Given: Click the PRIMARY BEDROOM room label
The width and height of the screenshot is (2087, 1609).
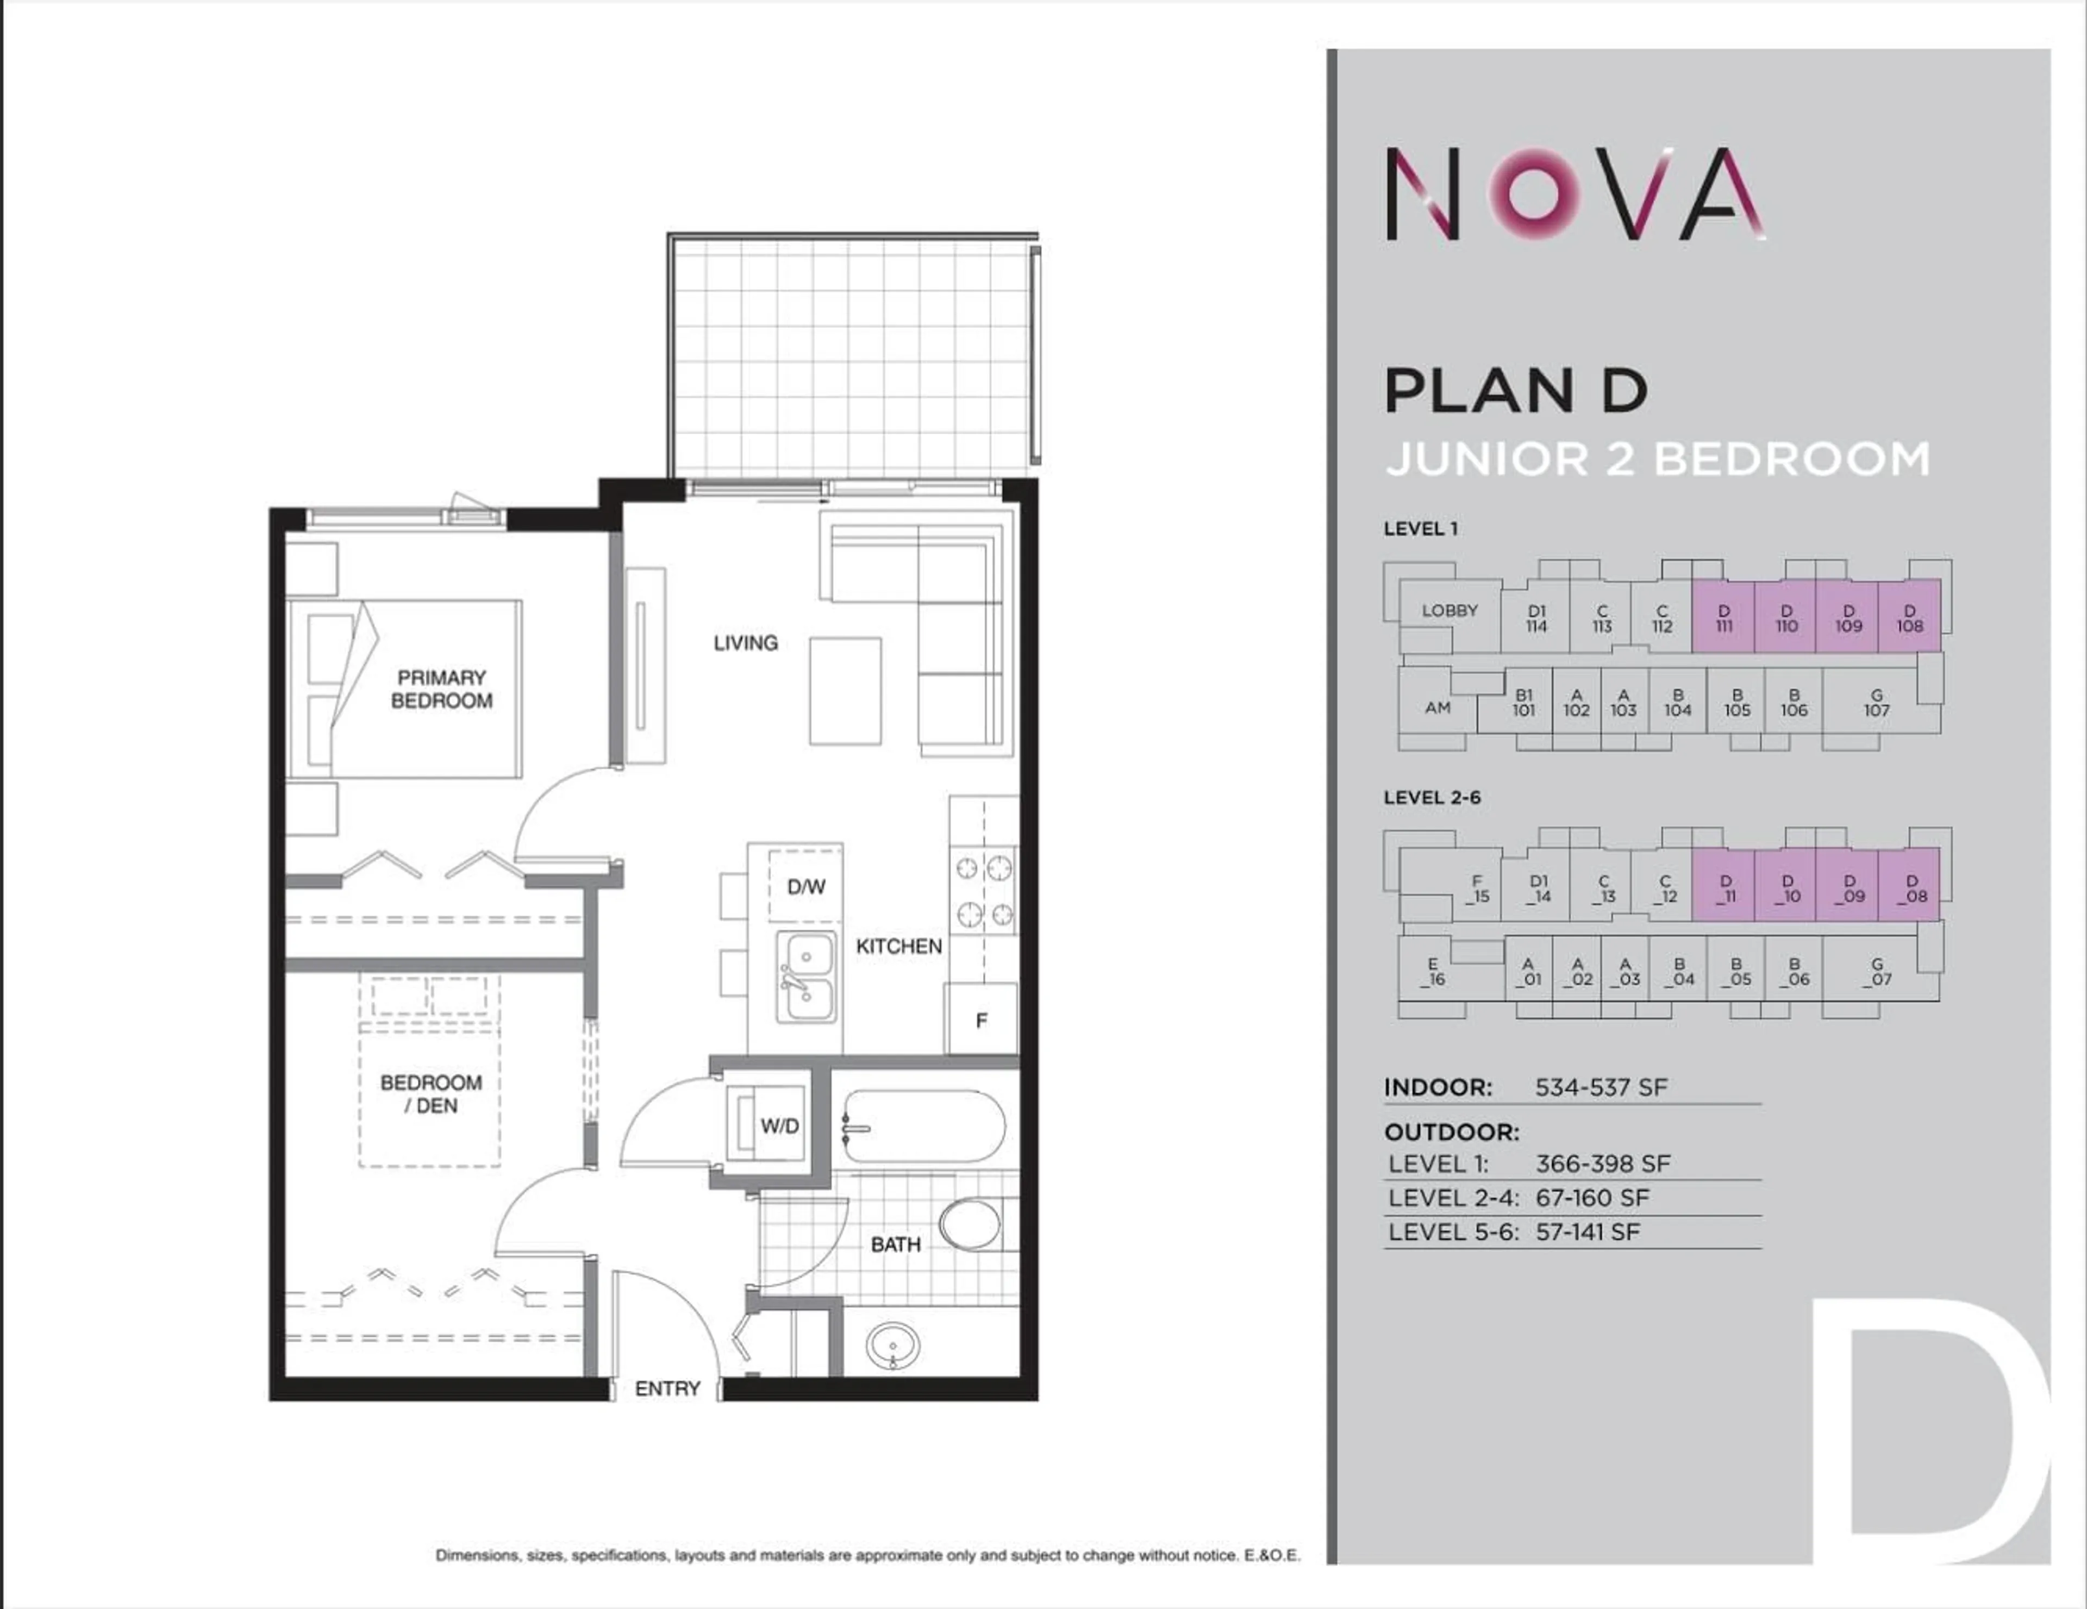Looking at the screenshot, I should coord(441,689).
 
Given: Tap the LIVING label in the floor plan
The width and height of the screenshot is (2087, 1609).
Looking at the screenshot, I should coord(745,643).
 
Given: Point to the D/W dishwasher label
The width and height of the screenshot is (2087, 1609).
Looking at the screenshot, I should coord(805,887).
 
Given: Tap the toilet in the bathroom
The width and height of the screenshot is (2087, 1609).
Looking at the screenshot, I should coord(971,1224).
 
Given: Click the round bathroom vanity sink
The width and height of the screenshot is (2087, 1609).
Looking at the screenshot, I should coord(892,1346).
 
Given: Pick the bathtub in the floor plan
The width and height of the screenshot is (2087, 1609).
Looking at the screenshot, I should coord(923,1128).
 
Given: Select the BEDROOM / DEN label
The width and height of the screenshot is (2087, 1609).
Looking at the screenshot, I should coord(431,1094).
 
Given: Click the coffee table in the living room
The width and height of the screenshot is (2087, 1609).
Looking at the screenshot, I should coord(845,691).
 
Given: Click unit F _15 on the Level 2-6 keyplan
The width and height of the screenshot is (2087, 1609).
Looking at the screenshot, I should coord(1477,888).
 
